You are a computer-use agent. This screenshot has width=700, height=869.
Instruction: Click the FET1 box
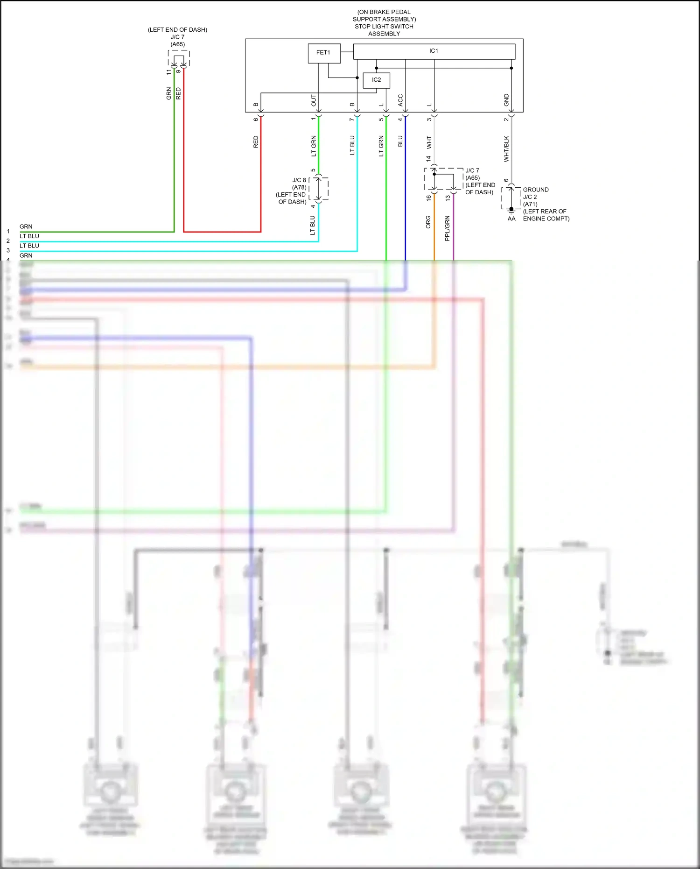323,53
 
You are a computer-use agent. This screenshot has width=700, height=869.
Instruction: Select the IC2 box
376,80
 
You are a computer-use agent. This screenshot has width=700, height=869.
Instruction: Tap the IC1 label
434,51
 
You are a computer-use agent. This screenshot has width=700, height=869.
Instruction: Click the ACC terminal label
400,100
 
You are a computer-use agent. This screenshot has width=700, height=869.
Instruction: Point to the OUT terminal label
314,100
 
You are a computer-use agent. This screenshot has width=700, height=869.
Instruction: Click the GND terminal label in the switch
506,100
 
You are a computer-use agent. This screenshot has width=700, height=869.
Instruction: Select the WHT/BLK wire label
506,149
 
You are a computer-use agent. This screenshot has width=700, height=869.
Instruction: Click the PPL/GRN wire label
447,228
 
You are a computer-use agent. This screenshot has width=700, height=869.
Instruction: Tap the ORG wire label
428,222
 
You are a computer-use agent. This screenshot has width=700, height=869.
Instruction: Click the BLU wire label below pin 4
400,141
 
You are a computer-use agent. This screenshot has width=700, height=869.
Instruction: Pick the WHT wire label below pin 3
429,142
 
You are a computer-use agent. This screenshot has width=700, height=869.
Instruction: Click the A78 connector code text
299,187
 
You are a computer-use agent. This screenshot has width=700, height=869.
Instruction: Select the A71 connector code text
530,204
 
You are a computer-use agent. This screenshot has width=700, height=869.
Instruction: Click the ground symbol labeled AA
511,212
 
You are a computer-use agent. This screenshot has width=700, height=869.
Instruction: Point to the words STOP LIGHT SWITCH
384,27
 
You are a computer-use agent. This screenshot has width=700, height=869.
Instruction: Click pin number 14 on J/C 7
428,159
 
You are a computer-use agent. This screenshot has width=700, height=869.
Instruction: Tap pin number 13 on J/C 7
448,198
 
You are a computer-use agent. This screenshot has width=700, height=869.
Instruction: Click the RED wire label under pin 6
256,142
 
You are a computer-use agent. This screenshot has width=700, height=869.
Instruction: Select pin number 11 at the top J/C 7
169,72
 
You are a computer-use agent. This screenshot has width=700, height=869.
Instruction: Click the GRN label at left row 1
26,226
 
